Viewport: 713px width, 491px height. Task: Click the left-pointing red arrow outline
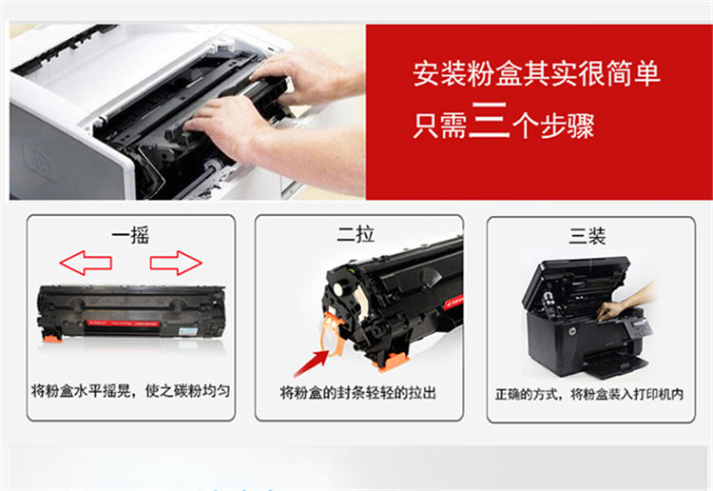86,263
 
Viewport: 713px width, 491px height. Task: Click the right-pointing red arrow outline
176,263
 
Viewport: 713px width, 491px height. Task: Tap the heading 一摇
130,235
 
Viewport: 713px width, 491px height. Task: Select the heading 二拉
356,234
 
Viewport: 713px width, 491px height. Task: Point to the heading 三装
588,236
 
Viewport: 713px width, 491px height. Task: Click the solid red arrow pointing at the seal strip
312,363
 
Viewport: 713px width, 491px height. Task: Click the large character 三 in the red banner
489,120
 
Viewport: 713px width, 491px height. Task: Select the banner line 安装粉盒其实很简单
536,73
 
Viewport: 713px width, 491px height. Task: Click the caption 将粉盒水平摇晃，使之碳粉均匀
130,391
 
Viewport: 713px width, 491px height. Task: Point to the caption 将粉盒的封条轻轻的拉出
358,392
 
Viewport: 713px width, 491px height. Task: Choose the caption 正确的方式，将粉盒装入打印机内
589,394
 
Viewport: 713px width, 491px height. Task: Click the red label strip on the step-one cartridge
124,324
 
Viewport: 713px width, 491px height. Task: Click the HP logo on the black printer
569,332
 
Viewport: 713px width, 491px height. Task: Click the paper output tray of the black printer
615,363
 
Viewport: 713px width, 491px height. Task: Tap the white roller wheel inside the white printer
212,167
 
